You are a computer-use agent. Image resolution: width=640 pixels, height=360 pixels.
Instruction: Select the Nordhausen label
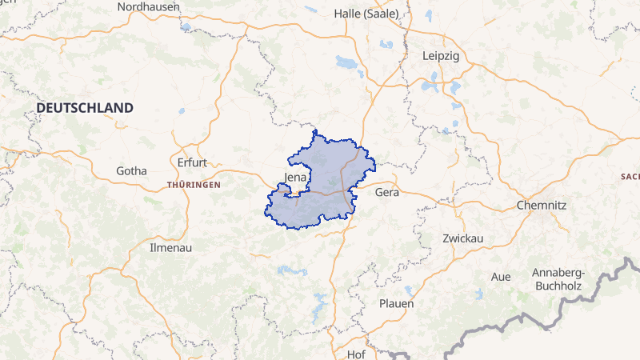[x=148, y=6]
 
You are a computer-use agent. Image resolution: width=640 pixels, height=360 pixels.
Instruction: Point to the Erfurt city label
[x=191, y=162]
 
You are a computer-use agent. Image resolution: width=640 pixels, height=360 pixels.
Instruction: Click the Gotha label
[x=131, y=170]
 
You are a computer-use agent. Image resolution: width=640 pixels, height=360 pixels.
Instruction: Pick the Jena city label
[x=295, y=178]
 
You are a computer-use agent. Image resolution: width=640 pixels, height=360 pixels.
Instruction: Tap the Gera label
[x=386, y=193]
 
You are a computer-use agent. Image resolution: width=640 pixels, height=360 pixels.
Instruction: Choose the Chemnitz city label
[x=542, y=205]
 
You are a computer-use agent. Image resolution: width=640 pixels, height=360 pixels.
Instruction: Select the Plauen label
[x=396, y=303]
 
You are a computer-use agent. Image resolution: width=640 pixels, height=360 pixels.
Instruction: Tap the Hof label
[x=356, y=354]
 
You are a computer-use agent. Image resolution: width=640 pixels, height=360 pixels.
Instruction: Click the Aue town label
[x=501, y=277]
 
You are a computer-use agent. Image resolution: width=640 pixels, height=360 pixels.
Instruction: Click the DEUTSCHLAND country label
[x=84, y=107]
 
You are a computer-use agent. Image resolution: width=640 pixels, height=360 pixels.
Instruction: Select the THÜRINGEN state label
[x=193, y=185]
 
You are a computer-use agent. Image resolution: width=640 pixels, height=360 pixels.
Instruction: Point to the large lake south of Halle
[x=347, y=62]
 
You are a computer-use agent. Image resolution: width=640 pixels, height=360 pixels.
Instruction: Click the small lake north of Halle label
[x=429, y=14]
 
